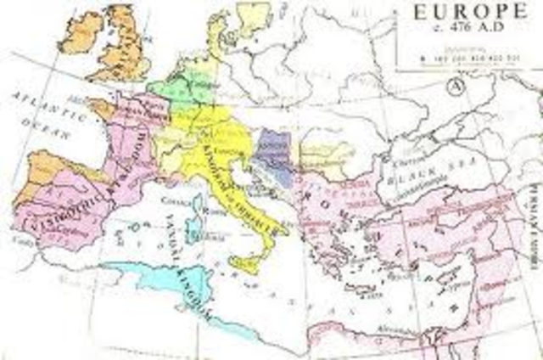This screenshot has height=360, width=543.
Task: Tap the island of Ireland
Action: click(x=81, y=31)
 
